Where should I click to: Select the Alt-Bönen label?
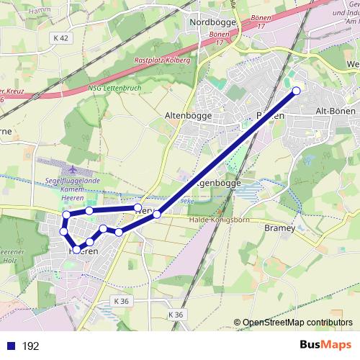point(336,112)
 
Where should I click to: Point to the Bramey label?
point(280,228)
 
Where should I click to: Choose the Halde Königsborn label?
point(216,220)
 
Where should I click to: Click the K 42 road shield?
point(60,37)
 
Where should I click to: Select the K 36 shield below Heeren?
point(121,301)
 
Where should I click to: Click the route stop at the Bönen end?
point(296,91)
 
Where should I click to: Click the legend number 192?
point(30,346)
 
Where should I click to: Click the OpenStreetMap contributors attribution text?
point(298,323)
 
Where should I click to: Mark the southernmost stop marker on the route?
point(78,249)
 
